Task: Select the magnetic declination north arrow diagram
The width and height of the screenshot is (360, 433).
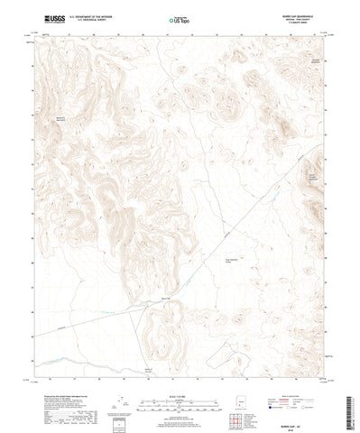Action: [x=124, y=386]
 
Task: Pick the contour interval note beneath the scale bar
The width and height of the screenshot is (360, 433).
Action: [x=180, y=394]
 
